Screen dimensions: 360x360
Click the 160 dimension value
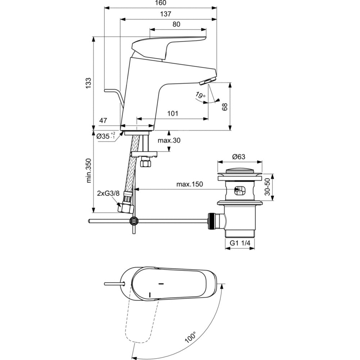coord(161,3)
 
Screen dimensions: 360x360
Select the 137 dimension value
coord(166,14)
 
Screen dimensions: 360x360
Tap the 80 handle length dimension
coord(176,24)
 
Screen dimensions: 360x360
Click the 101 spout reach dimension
coord(173,114)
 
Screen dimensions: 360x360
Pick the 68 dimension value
coord(225,106)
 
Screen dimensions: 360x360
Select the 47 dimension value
coord(103,121)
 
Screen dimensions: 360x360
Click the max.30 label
coord(169,140)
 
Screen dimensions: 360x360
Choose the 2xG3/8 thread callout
coord(108,193)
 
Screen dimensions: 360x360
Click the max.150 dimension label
coord(190,184)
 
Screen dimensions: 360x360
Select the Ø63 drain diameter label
coord(238,157)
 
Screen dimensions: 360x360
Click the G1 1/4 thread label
coord(240,243)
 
